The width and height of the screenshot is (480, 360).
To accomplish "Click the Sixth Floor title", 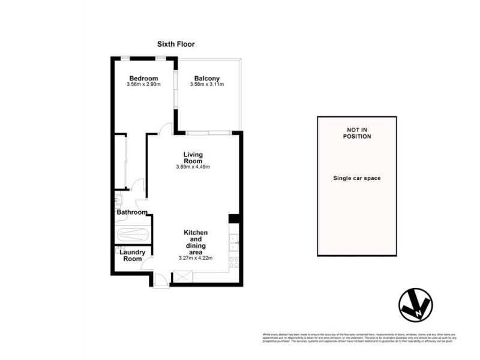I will pyautogui.click(x=176, y=44).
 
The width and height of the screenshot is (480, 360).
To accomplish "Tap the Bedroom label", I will pyautogui.click(x=143, y=79).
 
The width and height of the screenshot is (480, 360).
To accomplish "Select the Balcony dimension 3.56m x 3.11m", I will pyautogui.click(x=206, y=85).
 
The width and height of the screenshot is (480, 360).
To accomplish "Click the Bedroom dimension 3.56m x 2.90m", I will pyautogui.click(x=143, y=85).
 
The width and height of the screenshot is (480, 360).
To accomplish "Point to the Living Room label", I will pyautogui.click(x=193, y=158).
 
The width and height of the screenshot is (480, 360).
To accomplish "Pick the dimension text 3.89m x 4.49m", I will pyautogui.click(x=193, y=167).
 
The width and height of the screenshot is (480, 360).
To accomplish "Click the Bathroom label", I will pyautogui.click(x=131, y=212).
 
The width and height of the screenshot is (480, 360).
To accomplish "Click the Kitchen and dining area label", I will pyautogui.click(x=196, y=242).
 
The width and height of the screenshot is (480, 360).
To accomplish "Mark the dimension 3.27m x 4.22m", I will pyautogui.click(x=196, y=258).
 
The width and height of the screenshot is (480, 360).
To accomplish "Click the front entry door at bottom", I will pyautogui.click(x=160, y=279).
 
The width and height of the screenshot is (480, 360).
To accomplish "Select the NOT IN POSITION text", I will pyautogui.click(x=358, y=133).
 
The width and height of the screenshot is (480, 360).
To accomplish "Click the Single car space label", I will pyautogui.click(x=358, y=178).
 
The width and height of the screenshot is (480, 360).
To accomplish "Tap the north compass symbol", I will pyautogui.click(x=415, y=306).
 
